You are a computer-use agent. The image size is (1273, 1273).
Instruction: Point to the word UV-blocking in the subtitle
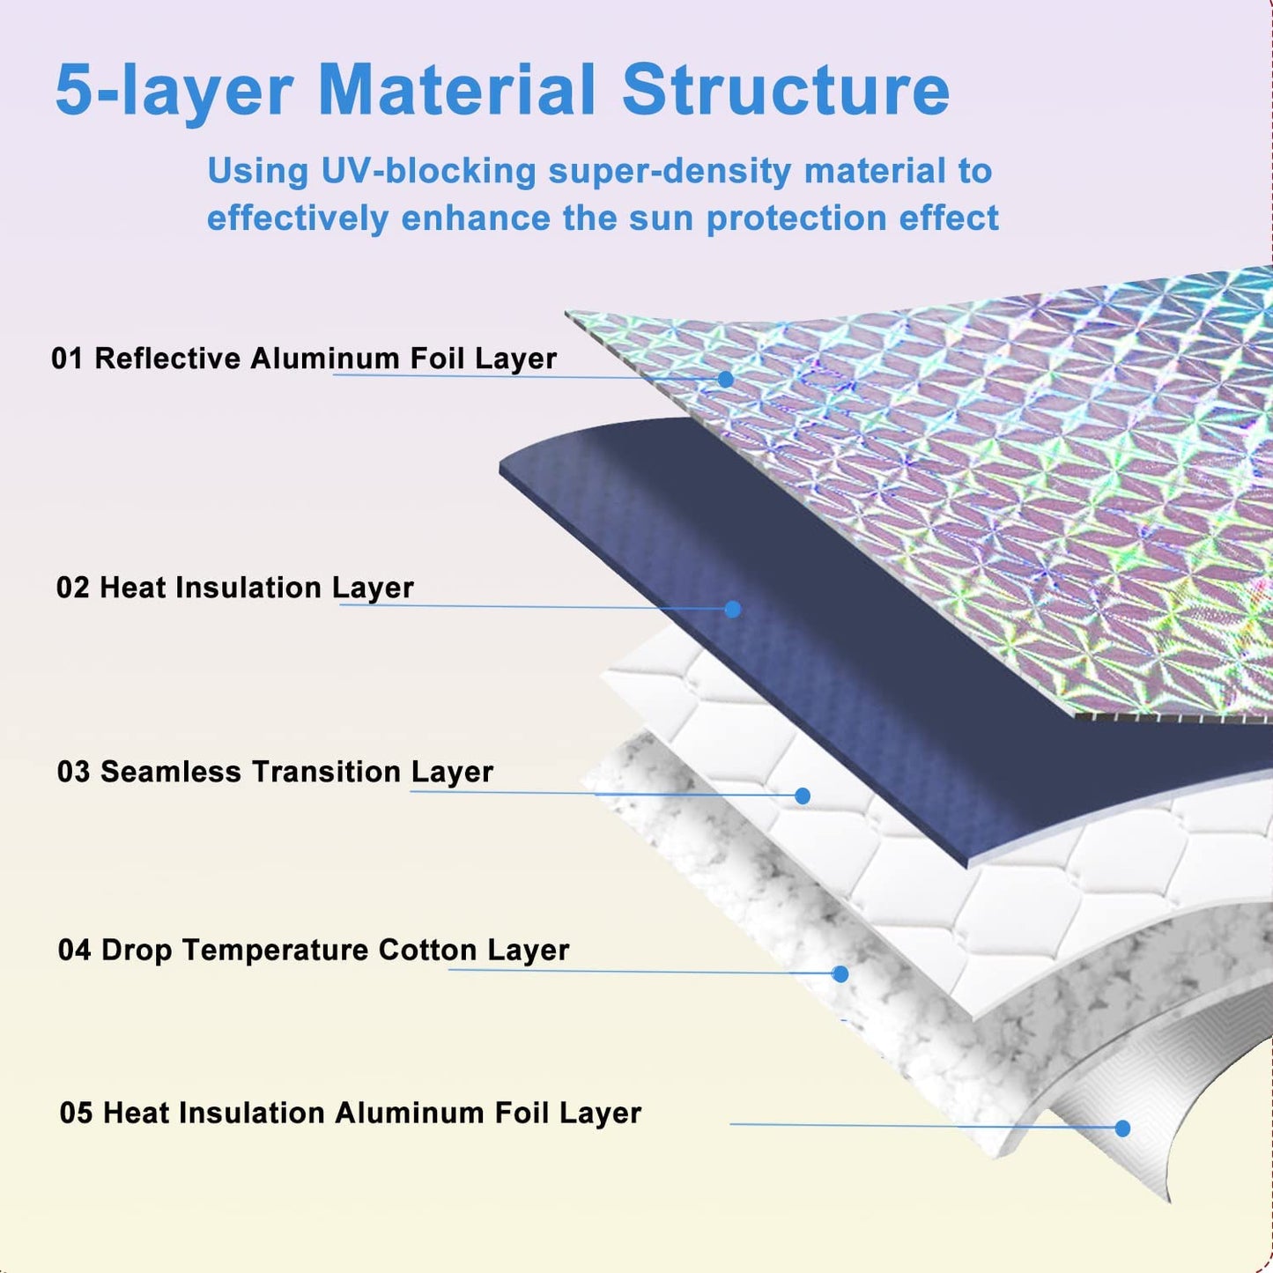[428, 171]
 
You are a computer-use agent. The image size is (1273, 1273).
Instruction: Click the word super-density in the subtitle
[670, 173]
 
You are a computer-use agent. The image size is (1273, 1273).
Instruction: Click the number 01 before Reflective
[67, 359]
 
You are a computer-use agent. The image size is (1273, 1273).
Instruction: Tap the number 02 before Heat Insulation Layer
[72, 588]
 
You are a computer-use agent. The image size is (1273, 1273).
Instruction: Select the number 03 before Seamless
[73, 772]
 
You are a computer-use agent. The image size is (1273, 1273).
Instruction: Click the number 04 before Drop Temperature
[74, 950]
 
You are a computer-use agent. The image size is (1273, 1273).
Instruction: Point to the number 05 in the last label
[75, 1114]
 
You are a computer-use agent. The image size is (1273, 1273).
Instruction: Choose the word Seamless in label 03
[170, 772]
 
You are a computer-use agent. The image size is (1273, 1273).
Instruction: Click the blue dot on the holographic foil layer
[725, 379]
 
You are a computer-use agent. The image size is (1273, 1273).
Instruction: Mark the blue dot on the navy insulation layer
[733, 609]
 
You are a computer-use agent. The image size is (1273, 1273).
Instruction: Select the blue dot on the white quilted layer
[803, 796]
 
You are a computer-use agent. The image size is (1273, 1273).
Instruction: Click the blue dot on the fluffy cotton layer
[840, 973]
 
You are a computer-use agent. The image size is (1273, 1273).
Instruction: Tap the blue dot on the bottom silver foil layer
[1122, 1129]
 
